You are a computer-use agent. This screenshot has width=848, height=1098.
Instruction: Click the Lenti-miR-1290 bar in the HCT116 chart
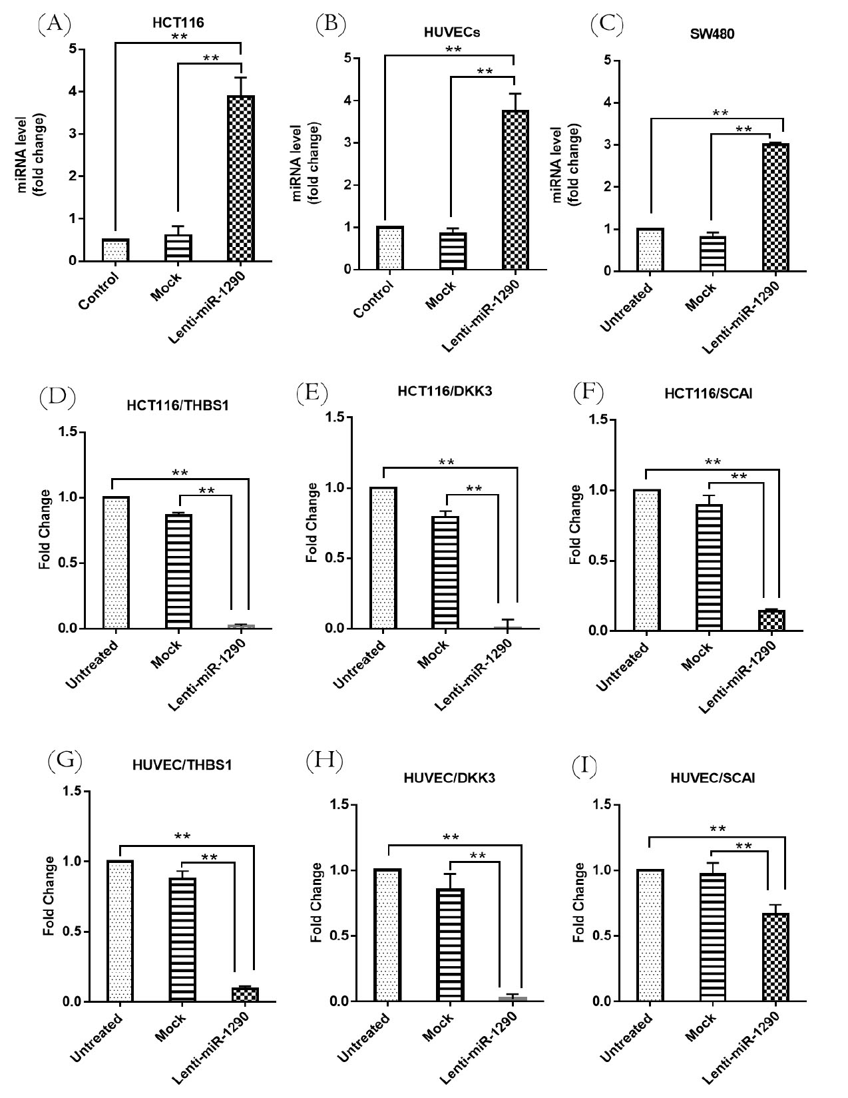pyautogui.click(x=240, y=178)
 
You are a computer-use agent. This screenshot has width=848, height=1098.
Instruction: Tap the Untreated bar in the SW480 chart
pyautogui.click(x=650, y=250)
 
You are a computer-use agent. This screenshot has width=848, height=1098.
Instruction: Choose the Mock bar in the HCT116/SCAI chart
pyautogui.click(x=710, y=567)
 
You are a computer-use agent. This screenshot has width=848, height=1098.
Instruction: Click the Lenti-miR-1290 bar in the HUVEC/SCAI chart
pyautogui.click(x=775, y=957)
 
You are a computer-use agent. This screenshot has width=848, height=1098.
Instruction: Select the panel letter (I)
pyautogui.click(x=584, y=768)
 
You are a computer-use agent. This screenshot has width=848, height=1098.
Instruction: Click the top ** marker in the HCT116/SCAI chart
pyautogui.click(x=713, y=462)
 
